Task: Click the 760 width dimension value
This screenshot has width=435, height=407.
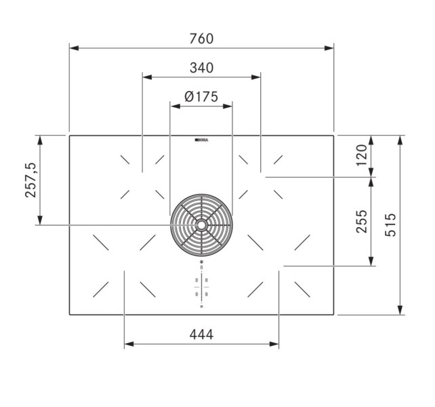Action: (201, 39)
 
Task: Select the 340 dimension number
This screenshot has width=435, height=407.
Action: (201, 68)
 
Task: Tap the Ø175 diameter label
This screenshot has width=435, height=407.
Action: (201, 97)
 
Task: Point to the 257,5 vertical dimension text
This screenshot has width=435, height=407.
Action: (30, 180)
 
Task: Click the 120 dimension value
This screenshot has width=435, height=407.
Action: (362, 155)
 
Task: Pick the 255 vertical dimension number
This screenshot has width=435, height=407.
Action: (362, 221)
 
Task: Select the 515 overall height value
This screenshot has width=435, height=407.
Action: (391, 225)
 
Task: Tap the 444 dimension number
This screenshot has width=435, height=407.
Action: (201, 334)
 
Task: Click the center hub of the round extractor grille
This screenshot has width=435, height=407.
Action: (201, 225)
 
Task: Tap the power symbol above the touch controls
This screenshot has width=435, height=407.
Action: (201, 264)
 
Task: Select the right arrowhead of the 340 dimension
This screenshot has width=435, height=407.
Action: (257, 77)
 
